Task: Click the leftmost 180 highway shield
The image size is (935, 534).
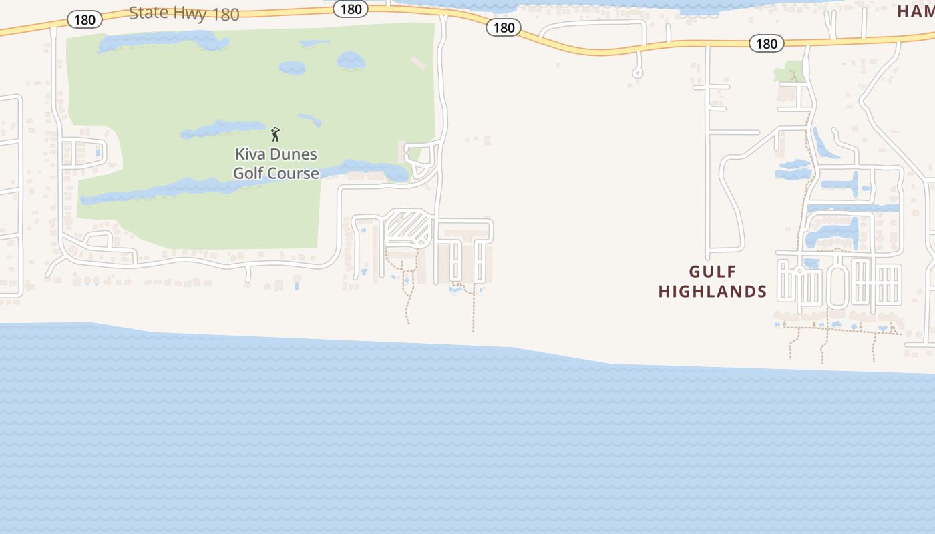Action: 84,19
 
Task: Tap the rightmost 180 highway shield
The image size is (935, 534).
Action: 766,43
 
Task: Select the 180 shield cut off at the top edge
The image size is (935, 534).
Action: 350,9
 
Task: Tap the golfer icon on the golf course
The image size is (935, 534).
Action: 275,133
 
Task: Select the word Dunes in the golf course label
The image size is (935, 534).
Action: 295,154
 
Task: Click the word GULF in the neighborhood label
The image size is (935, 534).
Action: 713,272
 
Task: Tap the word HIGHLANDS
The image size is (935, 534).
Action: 713,292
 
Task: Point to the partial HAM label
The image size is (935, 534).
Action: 916,11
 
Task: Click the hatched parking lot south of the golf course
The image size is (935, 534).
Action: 407,227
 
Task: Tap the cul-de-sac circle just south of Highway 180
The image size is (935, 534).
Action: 637,72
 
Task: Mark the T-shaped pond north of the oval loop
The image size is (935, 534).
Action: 848,184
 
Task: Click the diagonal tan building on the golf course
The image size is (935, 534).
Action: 418,63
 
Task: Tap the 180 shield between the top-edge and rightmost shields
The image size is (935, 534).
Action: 504,27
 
